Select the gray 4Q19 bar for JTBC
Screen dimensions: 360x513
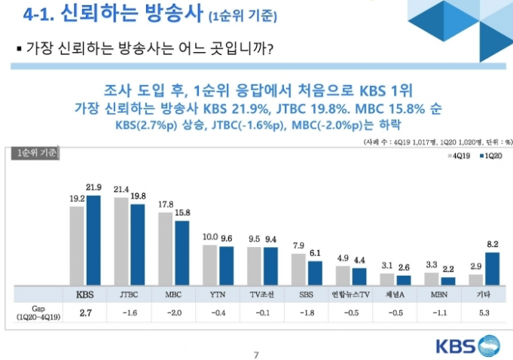click(121, 241)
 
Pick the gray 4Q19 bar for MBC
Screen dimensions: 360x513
click(166, 249)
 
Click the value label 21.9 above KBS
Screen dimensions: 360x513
click(94, 188)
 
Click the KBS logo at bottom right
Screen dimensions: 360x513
click(466, 346)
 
